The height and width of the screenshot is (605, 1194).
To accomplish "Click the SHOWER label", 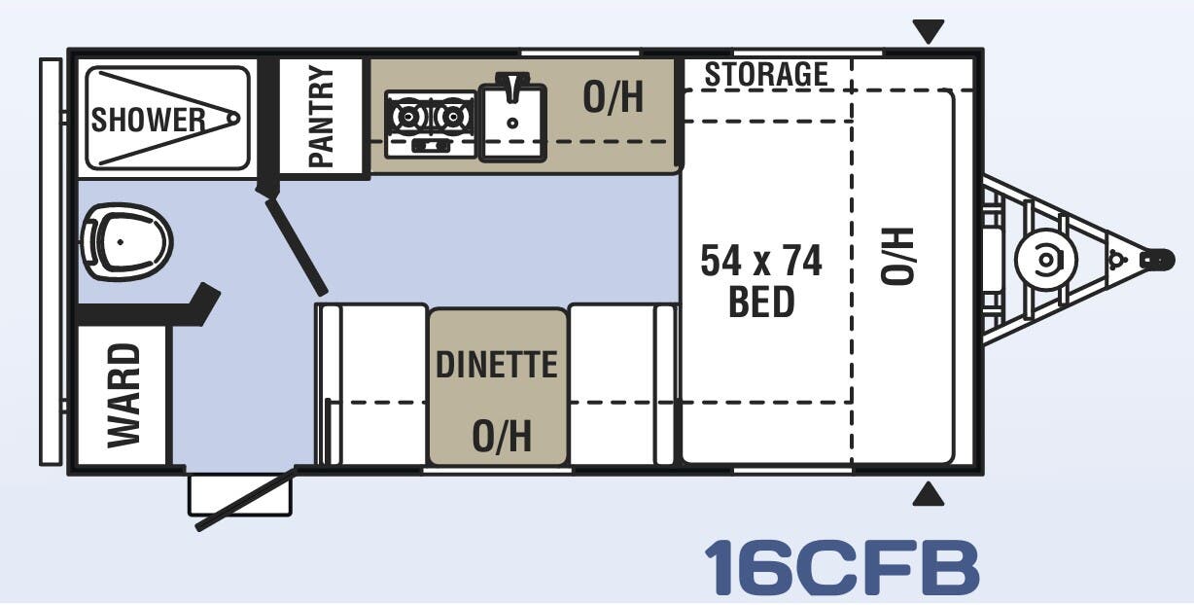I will coord(149,120).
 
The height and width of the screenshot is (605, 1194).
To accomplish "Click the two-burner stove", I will coord(429,123).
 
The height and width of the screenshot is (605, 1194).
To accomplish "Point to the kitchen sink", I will coord(511,117).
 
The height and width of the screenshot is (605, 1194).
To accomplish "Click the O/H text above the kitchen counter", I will coord(613,97).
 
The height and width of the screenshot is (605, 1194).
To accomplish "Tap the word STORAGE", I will coord(766,74).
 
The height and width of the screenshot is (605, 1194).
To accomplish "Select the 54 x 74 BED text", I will coord(761,281).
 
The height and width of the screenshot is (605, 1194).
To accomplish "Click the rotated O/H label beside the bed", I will coord(898,255).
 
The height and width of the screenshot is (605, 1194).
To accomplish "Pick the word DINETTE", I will coord(497,364).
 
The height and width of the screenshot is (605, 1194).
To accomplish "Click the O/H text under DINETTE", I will coord(501,437).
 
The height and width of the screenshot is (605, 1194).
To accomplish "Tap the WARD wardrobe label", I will coord(123,395).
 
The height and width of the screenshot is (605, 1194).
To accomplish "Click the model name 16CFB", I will coord(841,566).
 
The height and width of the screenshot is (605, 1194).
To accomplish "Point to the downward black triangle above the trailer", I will coord(929,32).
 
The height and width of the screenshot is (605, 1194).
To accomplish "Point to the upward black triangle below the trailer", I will coord(929,496).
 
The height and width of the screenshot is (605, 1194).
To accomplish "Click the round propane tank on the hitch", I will coord(1045,260).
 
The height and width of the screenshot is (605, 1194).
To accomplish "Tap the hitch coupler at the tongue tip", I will coord(1156,260).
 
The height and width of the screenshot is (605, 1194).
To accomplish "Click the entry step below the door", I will coord(239,494).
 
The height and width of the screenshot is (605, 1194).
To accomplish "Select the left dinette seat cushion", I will coord(373,384).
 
